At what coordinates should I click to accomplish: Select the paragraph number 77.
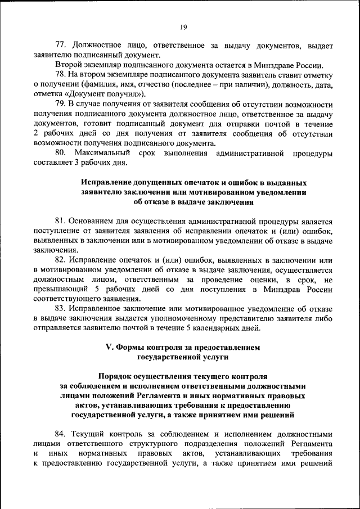coord(61,45)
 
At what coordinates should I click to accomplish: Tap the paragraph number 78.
coord(61,75)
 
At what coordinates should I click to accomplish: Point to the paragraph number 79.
coord(61,105)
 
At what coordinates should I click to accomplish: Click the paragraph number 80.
coord(61,154)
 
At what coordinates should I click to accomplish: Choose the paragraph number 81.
coord(60,222)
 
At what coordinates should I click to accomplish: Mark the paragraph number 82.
coord(61,260)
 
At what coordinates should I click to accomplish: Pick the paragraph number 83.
coord(61,309)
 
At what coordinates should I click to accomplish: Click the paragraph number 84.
coord(61,435)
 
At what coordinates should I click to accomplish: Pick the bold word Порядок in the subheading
coord(116,376)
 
